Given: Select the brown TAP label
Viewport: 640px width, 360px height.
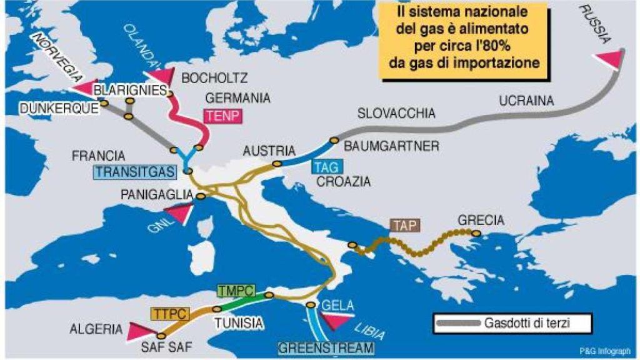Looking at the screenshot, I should pyautogui.click(x=404, y=225).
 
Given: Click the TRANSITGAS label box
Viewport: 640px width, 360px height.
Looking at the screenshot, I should pyautogui.click(x=124, y=172).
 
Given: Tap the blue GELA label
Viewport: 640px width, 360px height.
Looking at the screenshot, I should pyautogui.click(x=338, y=306).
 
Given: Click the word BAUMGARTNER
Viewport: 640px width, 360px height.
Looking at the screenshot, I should pyautogui.click(x=392, y=146).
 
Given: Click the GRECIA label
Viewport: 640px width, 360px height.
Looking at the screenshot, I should pyautogui.click(x=481, y=220).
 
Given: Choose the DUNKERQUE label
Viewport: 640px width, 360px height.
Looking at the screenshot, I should pyautogui.click(x=59, y=108).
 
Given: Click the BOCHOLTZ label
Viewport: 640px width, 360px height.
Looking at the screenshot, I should pyautogui.click(x=214, y=78).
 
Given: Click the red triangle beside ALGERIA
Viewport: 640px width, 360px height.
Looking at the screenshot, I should pyautogui.click(x=137, y=331).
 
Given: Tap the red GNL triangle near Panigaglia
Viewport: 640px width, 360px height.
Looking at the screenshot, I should pyautogui.click(x=178, y=214).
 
